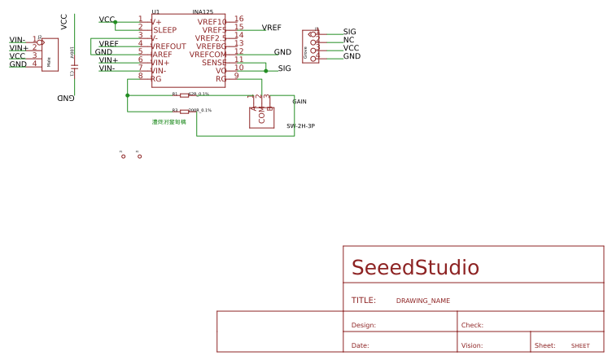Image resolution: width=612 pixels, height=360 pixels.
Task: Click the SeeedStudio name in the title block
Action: pos(415,268)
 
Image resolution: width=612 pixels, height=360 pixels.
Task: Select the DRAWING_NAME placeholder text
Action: pos(422,301)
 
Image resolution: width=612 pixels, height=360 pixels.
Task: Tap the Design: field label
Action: pos(363,325)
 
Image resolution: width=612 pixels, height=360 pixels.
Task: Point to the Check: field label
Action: pos(472,325)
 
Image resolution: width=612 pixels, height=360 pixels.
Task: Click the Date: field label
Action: pos(360,346)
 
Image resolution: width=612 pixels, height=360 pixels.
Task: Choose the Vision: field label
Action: pos(472,346)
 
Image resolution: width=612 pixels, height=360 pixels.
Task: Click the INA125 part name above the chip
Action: pos(203,12)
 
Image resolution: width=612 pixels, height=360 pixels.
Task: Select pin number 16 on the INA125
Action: pos(238,19)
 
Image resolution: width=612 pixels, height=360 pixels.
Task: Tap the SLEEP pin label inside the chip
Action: pos(164,30)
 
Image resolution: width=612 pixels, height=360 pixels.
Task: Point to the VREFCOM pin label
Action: pos(208,55)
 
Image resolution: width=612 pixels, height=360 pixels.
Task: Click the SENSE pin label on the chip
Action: pos(214,63)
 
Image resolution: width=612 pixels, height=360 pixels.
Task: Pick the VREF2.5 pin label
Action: pos(211,37)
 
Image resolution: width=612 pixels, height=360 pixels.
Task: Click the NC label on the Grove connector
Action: pos(348,40)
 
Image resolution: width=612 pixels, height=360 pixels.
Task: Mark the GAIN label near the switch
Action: pos(299,102)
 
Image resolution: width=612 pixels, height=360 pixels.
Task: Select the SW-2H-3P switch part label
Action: pos(300,126)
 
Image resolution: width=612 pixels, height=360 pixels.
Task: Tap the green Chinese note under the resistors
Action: pos(168,122)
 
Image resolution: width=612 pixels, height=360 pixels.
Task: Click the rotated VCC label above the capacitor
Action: pos(64,21)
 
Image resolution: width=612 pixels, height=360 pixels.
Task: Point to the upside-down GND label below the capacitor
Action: pos(65,98)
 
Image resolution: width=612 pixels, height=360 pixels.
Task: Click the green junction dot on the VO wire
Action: pos(265,71)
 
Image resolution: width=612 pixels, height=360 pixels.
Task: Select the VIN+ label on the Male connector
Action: pos(19,48)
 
